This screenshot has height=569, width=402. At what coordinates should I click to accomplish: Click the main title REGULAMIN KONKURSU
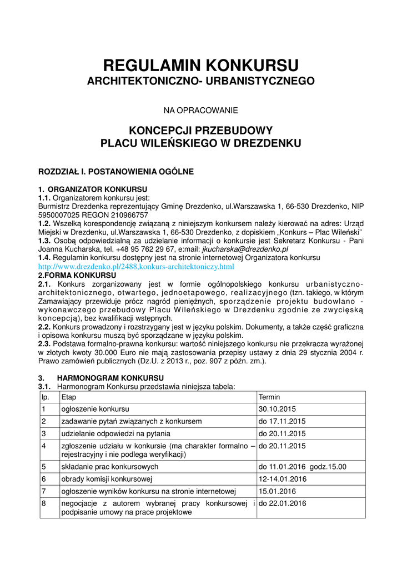201,64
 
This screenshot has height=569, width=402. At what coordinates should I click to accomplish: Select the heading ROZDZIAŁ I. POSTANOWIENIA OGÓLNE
115,172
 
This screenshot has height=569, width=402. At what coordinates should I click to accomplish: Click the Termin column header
269,397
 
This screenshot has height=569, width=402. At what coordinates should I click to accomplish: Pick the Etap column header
68,397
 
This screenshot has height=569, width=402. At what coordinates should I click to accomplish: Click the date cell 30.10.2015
277,409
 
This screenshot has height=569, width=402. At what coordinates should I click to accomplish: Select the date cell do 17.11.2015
282,421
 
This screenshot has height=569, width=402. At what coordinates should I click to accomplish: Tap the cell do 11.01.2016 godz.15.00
302,467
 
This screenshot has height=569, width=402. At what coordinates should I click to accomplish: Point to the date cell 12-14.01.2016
282,479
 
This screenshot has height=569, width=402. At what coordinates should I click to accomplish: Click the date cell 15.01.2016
277,491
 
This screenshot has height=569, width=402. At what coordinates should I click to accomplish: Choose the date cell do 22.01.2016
282,503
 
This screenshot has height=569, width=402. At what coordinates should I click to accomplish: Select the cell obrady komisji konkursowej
107,479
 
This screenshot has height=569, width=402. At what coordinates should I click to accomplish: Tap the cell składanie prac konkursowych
109,467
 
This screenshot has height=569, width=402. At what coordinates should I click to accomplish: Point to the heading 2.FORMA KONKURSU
77,275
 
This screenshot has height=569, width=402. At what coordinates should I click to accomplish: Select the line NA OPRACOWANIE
200,109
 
